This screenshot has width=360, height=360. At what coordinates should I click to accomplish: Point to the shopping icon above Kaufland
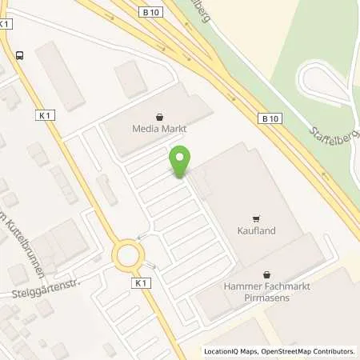tap(256, 217)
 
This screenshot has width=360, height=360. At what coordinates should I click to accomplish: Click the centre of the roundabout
tap(129, 256)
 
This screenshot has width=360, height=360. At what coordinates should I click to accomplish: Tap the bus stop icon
tap(18, 54)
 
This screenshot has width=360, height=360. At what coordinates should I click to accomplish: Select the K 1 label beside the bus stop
tap(6, 25)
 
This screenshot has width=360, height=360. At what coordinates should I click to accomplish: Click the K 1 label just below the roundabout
tap(142, 283)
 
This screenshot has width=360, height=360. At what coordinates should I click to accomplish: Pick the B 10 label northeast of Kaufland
tap(270, 118)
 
